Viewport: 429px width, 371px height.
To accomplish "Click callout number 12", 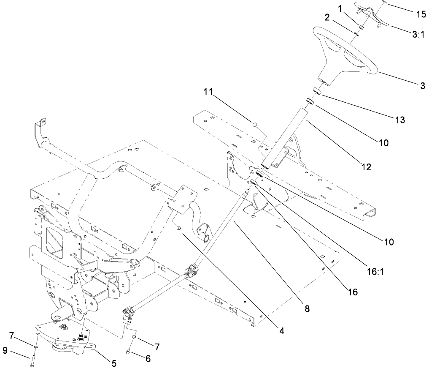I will pyautogui.click(x=366, y=167).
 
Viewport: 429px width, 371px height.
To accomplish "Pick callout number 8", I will pyautogui.click(x=307, y=309).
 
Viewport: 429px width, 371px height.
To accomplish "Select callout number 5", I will pyautogui.click(x=114, y=363).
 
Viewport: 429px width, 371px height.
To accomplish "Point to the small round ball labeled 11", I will pyautogui.click(x=254, y=124).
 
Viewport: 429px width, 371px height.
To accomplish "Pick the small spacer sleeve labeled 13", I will pyautogui.click(x=317, y=91).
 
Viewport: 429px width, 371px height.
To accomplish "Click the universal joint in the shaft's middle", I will pyautogui.click(x=192, y=270).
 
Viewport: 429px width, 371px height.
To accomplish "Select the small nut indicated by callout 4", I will pyautogui.click(x=179, y=228).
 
